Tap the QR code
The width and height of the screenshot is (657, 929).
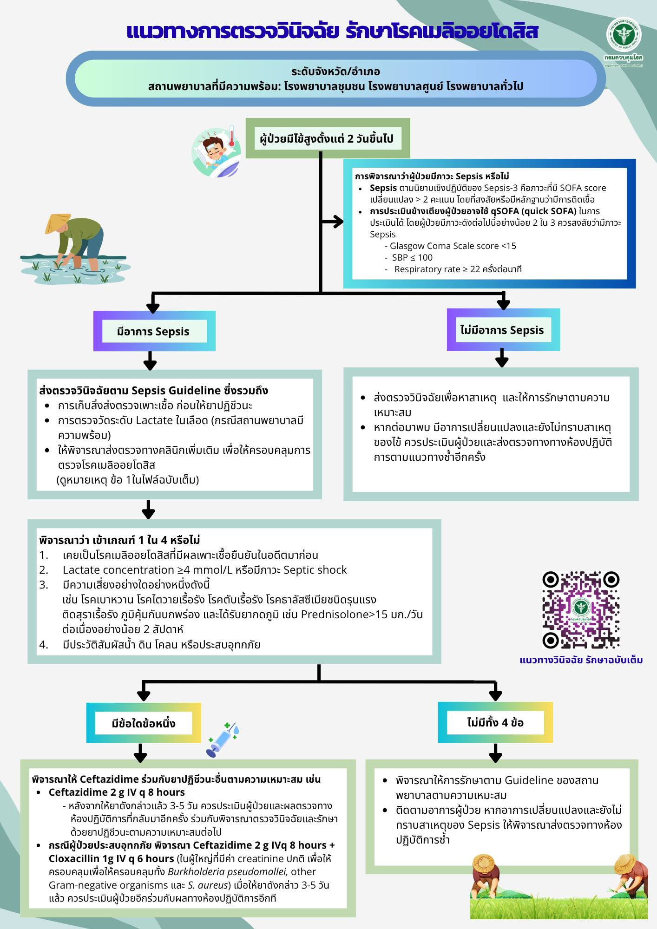pyautogui.click(x=581, y=610)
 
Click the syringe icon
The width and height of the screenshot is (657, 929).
pyautogui.click(x=222, y=739)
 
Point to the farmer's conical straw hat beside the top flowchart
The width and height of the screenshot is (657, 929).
pyautogui.click(x=58, y=223)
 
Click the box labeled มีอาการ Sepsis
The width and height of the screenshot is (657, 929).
pyautogui.click(x=154, y=331)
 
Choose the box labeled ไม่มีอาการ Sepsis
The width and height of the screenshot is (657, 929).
pyautogui.click(x=503, y=330)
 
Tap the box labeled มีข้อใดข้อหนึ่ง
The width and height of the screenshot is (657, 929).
pyautogui.click(x=144, y=723)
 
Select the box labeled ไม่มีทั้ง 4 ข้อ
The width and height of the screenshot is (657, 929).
pyautogui.click(x=495, y=722)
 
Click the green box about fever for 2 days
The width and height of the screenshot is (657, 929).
pyautogui.click(x=328, y=138)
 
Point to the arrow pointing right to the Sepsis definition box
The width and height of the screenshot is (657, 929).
pyautogui.click(x=332, y=222)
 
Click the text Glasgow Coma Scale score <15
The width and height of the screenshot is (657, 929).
pyautogui.click(x=453, y=246)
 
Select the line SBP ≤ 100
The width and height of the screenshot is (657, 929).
pyautogui.click(x=412, y=257)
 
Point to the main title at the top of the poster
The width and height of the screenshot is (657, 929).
pyautogui.click(x=332, y=32)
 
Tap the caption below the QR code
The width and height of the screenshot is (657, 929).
pyautogui.click(x=581, y=660)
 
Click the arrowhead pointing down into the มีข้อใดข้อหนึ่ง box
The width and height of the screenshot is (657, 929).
pyautogui.click(x=144, y=694)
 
